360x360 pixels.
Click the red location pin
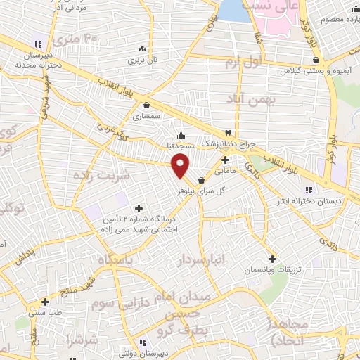tap(181, 165)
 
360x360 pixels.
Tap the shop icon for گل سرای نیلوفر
tap(202, 179)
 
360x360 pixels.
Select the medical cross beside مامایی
tap(224, 160)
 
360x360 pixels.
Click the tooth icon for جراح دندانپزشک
tap(228, 132)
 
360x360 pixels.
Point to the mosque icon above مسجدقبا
tap(181, 135)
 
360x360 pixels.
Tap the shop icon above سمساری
tap(146, 105)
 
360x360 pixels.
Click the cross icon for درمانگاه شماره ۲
tap(138, 208)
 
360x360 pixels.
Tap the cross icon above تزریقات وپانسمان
tap(272, 259)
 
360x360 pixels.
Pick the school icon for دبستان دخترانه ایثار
tap(308, 190)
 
